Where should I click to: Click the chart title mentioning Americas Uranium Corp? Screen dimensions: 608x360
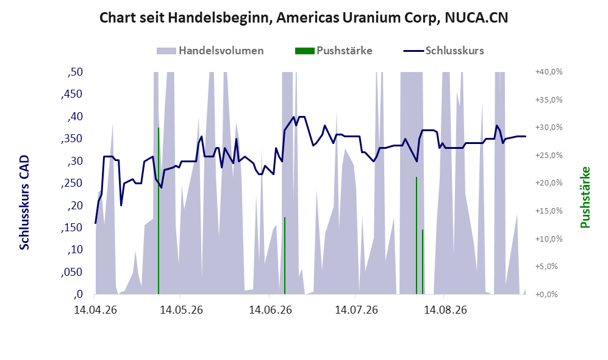click(x=304, y=18)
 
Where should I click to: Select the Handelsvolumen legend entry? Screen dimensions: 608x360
click(x=210, y=51)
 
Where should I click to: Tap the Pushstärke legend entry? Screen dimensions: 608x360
click(x=334, y=51)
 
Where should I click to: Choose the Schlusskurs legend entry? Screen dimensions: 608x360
click(x=443, y=51)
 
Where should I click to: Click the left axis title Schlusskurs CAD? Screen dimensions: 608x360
click(x=24, y=203)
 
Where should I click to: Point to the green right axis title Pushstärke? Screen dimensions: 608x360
click(x=585, y=198)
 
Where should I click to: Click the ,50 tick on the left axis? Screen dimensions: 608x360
click(x=75, y=72)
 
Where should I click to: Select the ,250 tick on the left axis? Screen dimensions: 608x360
click(x=72, y=183)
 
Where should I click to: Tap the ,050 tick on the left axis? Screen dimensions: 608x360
click(x=72, y=272)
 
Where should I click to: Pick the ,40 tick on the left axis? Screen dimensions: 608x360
click(x=75, y=117)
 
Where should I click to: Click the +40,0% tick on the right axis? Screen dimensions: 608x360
click(x=549, y=72)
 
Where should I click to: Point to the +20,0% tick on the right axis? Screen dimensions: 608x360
click(x=549, y=183)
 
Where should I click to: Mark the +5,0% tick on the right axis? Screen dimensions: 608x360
click(x=551, y=267)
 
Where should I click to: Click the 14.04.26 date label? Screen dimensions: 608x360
click(x=95, y=310)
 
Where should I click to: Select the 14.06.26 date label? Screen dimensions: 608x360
click(x=270, y=310)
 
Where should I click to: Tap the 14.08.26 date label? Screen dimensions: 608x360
click(x=445, y=310)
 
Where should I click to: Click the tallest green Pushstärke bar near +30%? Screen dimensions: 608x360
click(x=159, y=211)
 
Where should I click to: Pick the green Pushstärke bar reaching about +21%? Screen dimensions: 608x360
click(x=417, y=236)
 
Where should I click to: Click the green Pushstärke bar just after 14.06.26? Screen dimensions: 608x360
click(x=285, y=256)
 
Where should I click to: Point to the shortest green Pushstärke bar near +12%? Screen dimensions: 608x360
click(x=423, y=262)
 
